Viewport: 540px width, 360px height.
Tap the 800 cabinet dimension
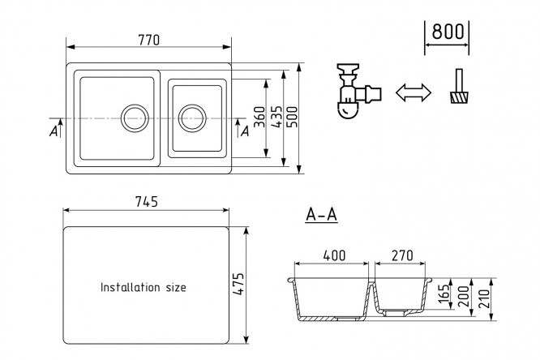447,32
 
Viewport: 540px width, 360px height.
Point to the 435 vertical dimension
276,118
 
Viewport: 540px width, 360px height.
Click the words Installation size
143,287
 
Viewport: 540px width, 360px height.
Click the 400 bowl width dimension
333,255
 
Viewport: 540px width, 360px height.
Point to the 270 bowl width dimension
401,255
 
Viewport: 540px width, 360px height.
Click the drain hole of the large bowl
134,117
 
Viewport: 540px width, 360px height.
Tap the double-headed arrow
412,93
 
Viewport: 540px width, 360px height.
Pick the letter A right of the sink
244,130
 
